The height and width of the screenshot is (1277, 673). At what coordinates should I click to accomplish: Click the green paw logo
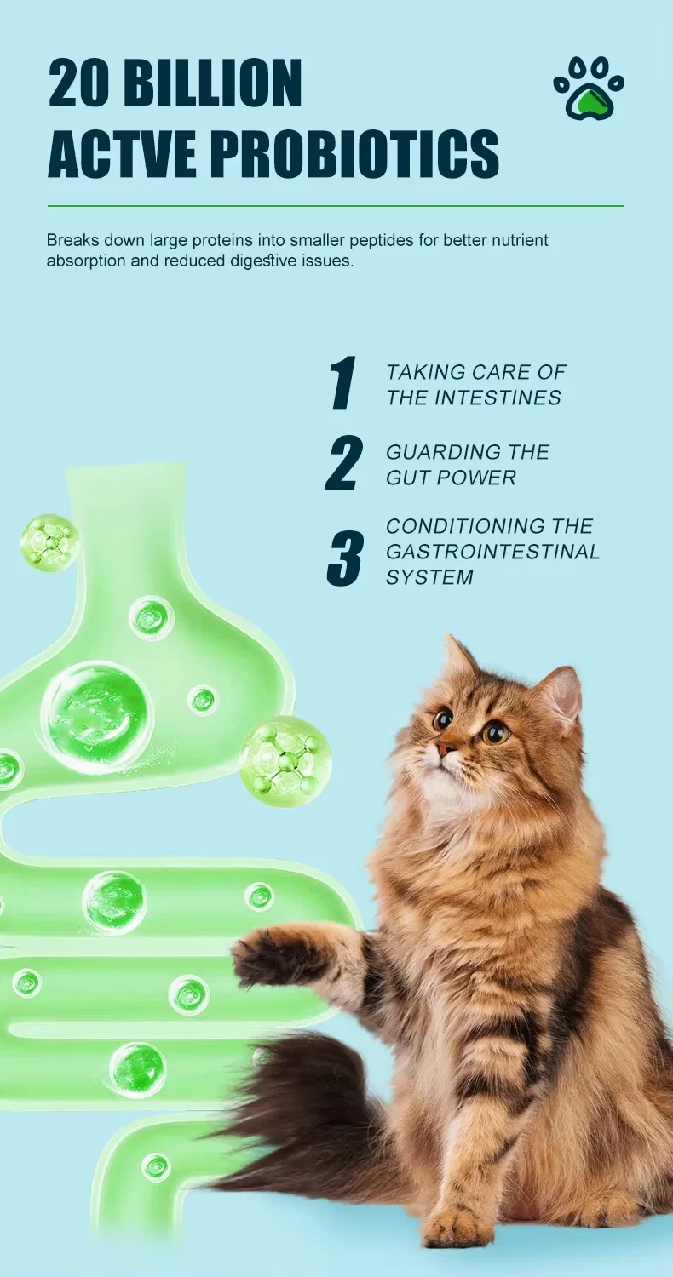point(589,89)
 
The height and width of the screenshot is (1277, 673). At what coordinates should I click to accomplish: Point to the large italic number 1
point(342,384)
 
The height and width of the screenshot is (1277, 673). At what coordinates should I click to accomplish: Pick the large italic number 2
point(344,464)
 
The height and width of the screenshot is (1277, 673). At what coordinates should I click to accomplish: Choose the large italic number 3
point(345,558)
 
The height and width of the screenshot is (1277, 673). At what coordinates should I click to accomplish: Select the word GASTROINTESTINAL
point(493,552)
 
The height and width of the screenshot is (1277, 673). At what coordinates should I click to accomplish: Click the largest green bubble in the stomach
point(96,717)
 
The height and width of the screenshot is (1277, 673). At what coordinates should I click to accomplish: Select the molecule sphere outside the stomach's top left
point(50,542)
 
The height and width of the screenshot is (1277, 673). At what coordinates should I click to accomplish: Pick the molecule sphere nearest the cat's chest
point(285,756)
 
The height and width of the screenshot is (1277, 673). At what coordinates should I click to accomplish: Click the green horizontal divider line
point(336,206)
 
